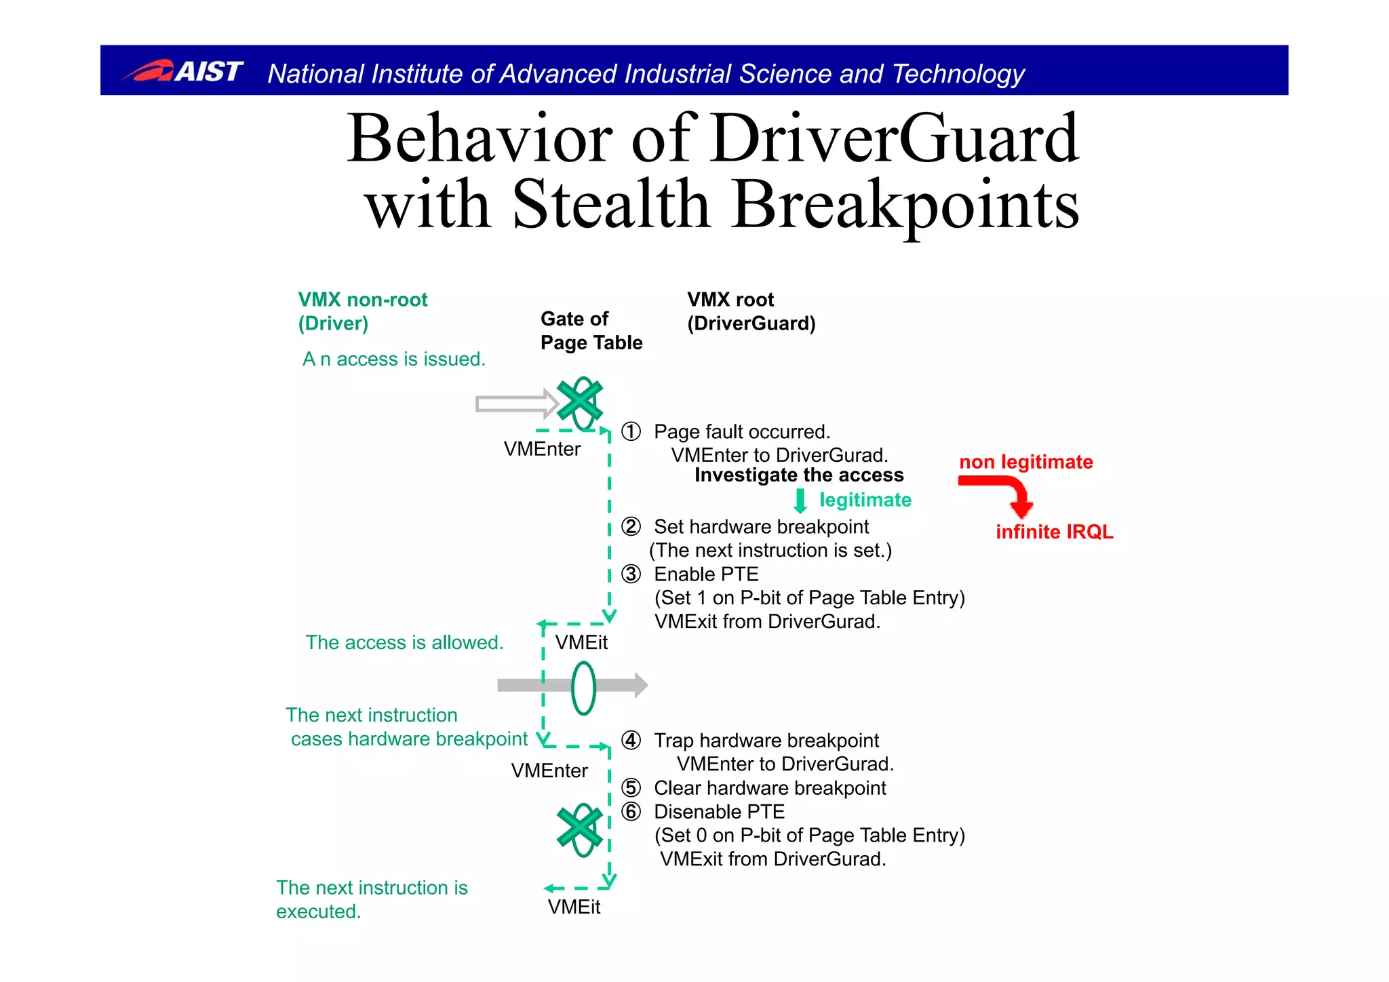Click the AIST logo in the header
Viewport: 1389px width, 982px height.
[x=182, y=71]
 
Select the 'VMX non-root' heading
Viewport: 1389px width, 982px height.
[x=362, y=300]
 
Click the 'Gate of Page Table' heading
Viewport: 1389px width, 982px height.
[x=591, y=330]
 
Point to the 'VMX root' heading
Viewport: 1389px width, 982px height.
[x=730, y=300]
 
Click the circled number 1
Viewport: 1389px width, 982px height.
[x=631, y=432]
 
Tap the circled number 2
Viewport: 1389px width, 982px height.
[x=631, y=527]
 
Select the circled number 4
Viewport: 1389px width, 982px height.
[x=631, y=741]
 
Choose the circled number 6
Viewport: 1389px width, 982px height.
[x=631, y=812]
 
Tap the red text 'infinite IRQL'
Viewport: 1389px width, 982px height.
[x=1054, y=532]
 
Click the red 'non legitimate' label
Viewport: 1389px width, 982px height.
[x=1025, y=463]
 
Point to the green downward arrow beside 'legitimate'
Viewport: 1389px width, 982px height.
[x=800, y=500]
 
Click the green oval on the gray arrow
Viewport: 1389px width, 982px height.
[x=583, y=688]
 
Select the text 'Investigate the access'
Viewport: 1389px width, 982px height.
[x=799, y=475]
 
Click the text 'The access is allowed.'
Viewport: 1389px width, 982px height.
[x=404, y=643]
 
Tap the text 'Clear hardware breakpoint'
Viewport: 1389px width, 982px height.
[x=769, y=788]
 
